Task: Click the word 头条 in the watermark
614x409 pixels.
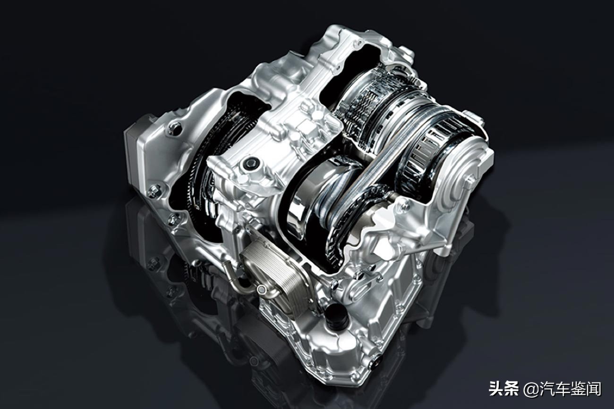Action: click(x=504, y=389)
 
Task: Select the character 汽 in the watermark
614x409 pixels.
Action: click(x=547, y=389)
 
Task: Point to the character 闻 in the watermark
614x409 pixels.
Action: click(x=594, y=389)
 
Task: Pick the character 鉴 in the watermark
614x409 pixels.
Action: click(x=578, y=389)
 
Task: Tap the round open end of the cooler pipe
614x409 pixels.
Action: click(x=261, y=289)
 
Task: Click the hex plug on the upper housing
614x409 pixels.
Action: click(x=250, y=164)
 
